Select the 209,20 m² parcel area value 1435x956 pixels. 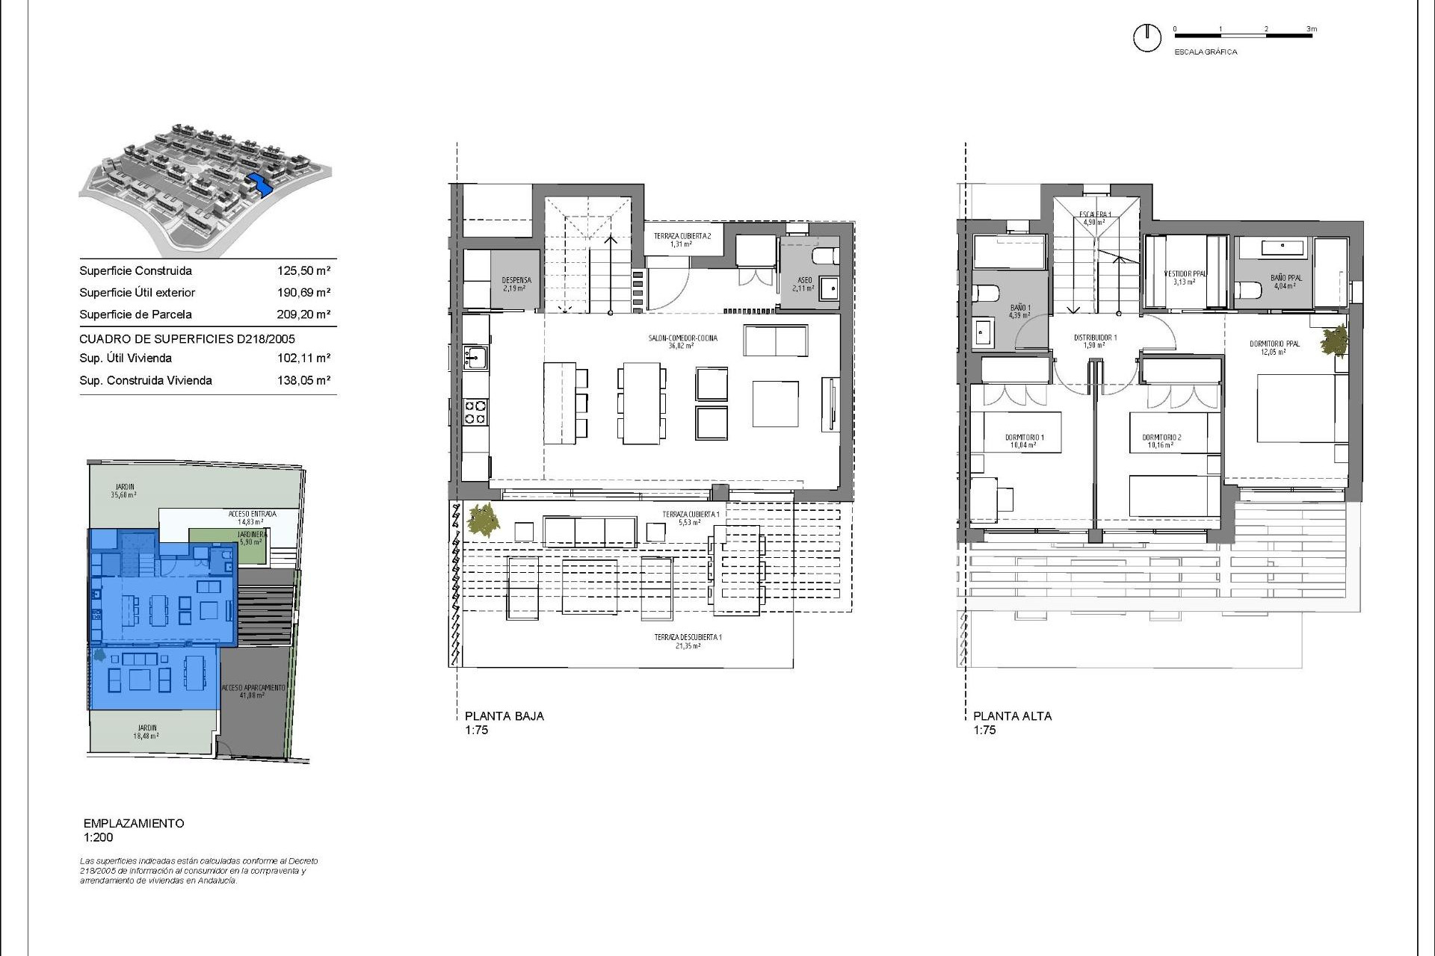[x=303, y=314]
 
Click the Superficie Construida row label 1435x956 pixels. [x=135, y=271]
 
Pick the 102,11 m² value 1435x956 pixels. [x=303, y=358]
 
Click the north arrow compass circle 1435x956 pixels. [x=1147, y=37]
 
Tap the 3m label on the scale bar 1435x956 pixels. [x=1312, y=29]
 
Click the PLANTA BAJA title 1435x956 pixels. [x=504, y=716]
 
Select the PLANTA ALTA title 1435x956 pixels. [x=1012, y=716]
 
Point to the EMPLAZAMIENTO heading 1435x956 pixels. [x=134, y=823]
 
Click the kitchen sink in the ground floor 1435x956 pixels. [x=474, y=358]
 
